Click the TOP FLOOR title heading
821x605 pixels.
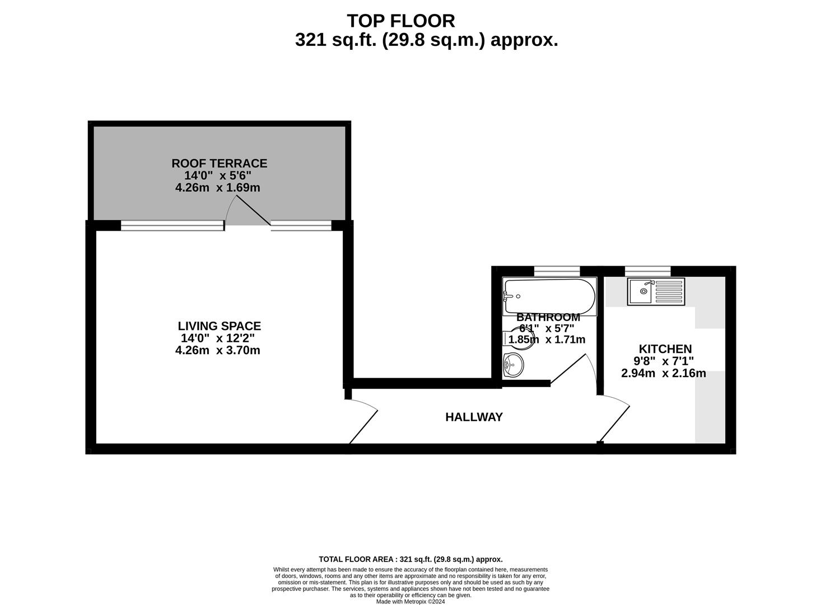[400, 21]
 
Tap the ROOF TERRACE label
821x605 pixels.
[219, 163]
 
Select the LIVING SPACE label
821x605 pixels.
[219, 326]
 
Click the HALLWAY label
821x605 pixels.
[474, 417]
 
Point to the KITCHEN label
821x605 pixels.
[665, 348]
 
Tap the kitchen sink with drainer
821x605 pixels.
[656, 291]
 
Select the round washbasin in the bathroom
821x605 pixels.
[513, 365]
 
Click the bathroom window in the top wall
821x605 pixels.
[557, 271]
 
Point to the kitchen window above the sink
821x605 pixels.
[647, 271]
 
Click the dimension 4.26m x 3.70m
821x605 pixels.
[218, 350]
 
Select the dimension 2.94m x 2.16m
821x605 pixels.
[664, 373]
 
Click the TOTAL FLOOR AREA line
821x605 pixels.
[410, 559]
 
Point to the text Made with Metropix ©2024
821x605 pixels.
[410, 602]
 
